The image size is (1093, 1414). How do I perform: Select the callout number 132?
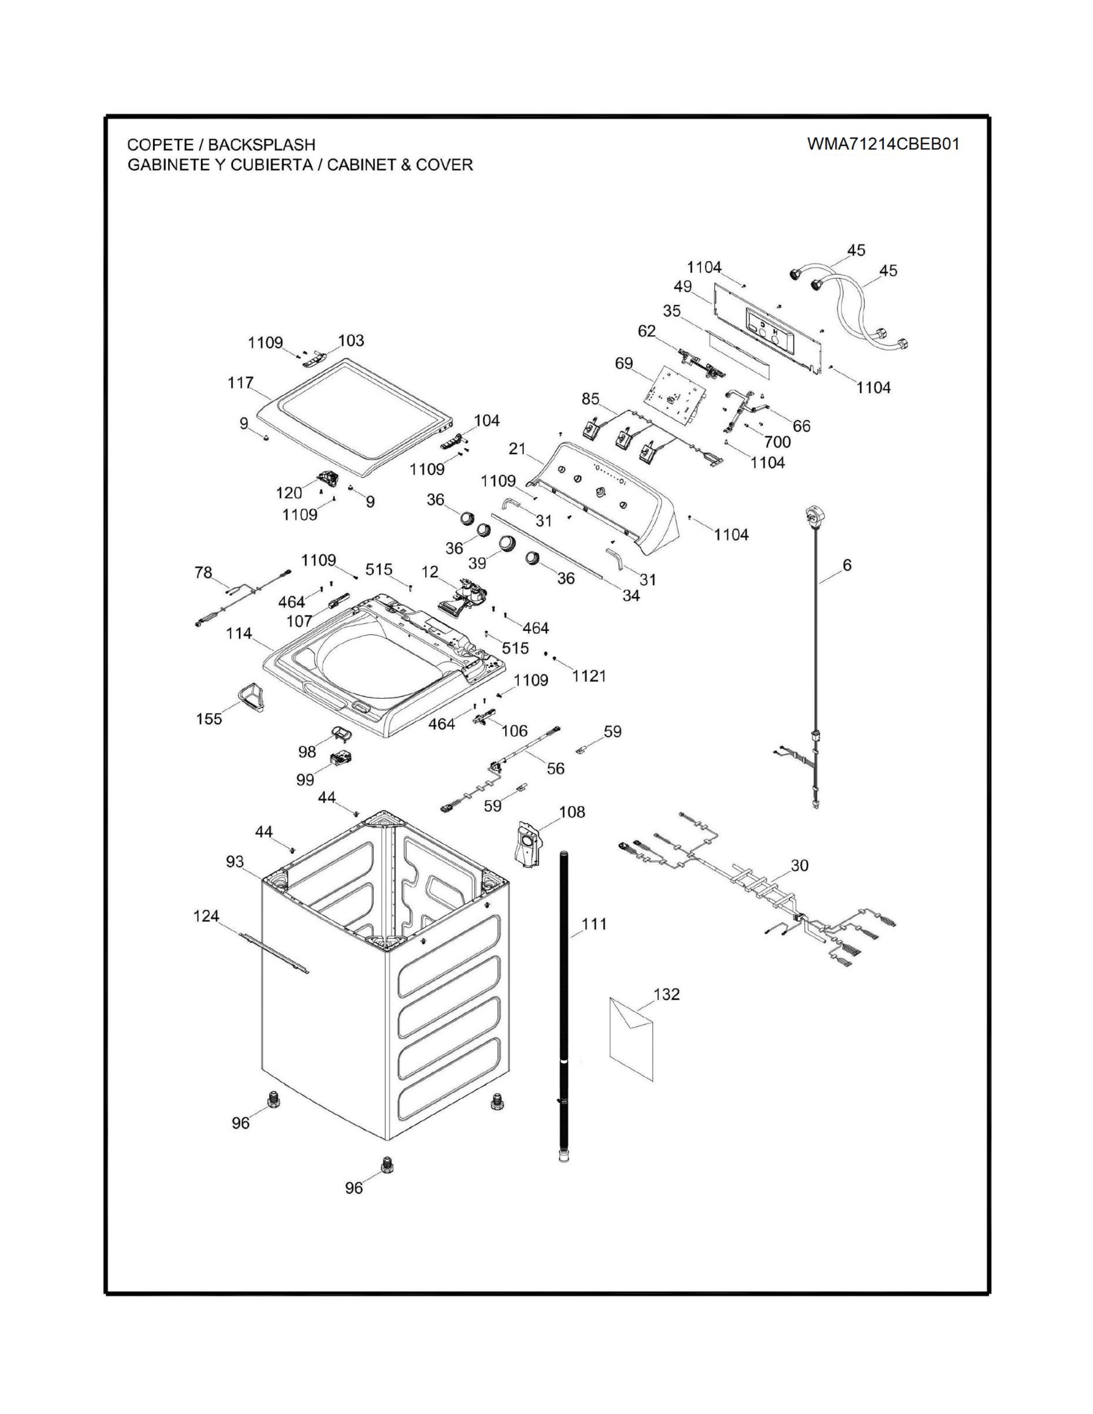pyautogui.click(x=667, y=993)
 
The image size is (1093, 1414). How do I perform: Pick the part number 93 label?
pyautogui.click(x=235, y=861)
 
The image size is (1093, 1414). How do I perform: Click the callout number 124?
pyautogui.click(x=207, y=916)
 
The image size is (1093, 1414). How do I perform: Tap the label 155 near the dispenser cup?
pyautogui.click(x=209, y=718)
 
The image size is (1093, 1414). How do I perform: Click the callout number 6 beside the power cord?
pyautogui.click(x=847, y=565)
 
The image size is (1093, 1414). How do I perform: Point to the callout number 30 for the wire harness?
pyautogui.click(x=800, y=865)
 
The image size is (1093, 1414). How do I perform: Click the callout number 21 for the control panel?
pyautogui.click(x=517, y=448)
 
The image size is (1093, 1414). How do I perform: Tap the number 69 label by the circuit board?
pyautogui.click(x=624, y=363)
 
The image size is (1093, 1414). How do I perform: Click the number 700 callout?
pyautogui.click(x=777, y=441)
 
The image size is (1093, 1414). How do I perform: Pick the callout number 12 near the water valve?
pyautogui.click(x=430, y=572)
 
